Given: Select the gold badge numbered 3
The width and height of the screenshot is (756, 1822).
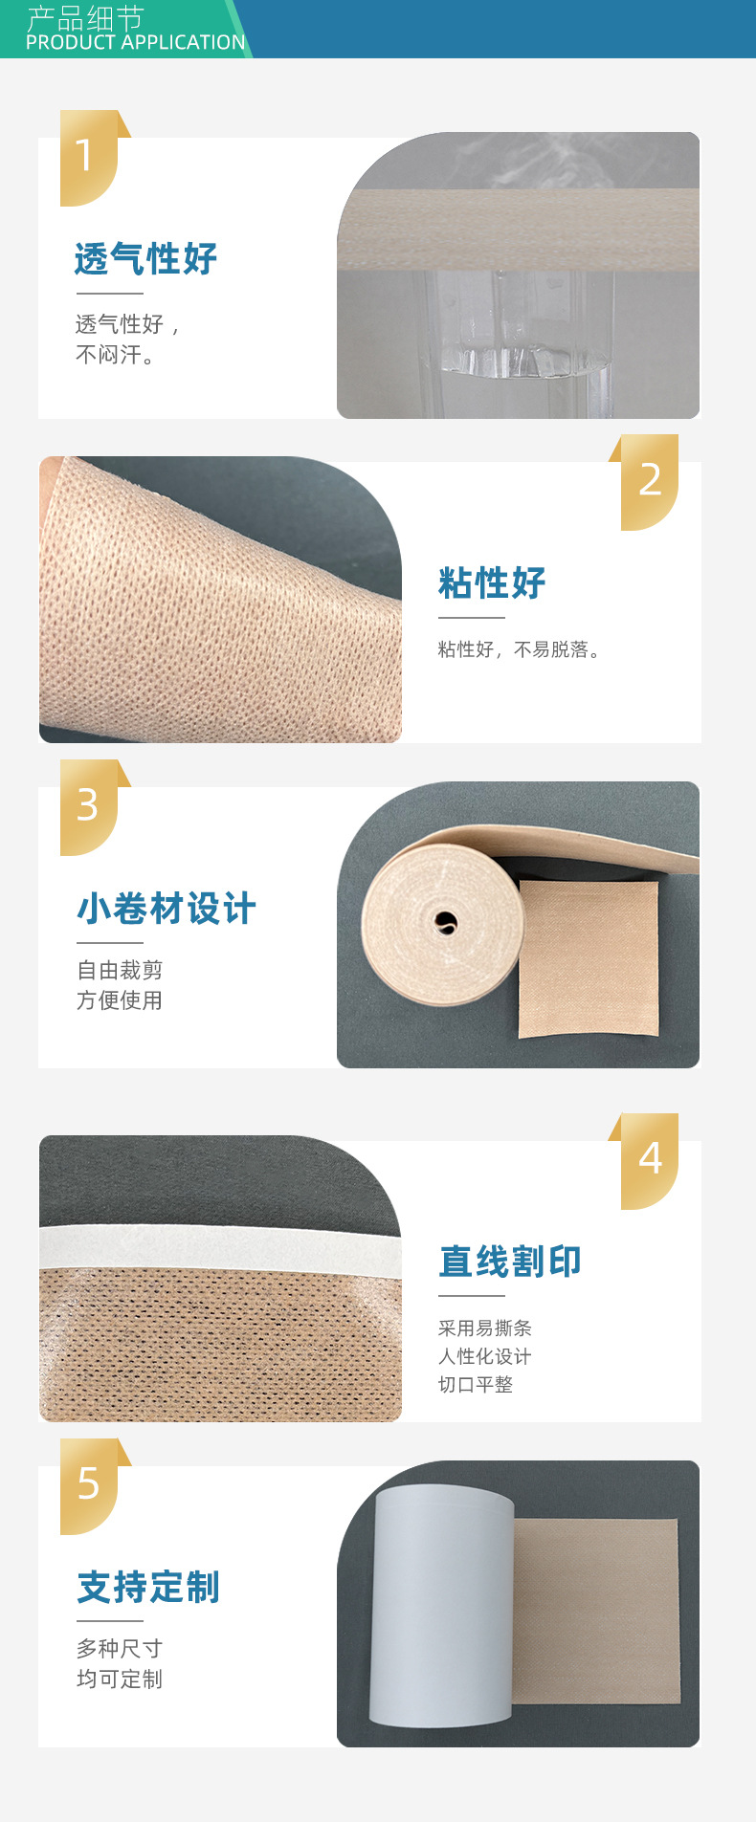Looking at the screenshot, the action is pos(89,807).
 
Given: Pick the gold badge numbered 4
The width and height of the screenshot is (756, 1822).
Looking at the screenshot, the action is pos(650,1161).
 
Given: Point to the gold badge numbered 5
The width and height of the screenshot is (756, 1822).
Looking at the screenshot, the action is pos(89,1486).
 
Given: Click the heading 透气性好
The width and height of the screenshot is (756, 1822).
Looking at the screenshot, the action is pos(146,258).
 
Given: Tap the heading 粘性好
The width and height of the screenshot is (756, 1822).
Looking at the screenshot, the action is pos(492,582).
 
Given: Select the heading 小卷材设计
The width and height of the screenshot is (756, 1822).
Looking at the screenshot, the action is pos(167,908).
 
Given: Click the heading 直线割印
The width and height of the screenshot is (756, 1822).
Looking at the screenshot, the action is pos(510,1262).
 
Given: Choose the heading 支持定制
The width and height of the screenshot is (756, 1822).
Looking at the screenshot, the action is pos(148,1587).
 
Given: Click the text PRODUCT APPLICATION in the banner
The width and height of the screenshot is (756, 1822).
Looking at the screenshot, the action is pos(136,42).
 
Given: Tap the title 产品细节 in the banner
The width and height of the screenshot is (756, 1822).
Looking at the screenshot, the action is pos(85,17).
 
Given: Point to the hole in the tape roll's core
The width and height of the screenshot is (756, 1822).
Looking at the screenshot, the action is pos(446,923).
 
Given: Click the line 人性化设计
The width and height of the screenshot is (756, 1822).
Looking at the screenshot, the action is pos(484,1356).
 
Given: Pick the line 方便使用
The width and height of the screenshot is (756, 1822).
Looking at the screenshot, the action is pos(120,1000).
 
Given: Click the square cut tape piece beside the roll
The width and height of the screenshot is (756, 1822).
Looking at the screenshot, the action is pos(589,958).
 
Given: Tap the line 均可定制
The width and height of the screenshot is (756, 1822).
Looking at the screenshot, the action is pos(120,1679).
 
